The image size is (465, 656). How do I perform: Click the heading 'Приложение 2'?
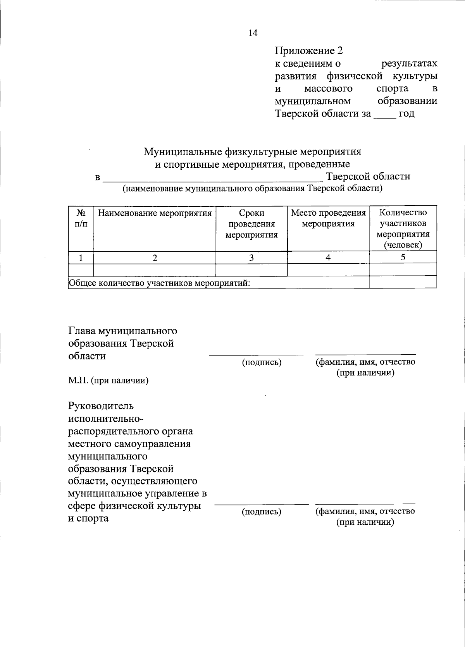tap(309, 51)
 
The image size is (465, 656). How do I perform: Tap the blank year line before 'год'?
tap(385, 115)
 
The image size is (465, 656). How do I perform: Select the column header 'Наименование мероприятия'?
tap(155, 213)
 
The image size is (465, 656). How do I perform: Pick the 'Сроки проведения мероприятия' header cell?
tap(251, 224)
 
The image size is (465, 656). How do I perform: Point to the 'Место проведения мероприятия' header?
tap(328, 218)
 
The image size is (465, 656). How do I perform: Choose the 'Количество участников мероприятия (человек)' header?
tap(403, 228)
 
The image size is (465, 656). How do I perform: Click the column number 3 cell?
tap(251, 258)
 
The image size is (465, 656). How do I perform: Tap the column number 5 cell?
tap(403, 258)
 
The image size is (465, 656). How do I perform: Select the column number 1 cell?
tap(81, 258)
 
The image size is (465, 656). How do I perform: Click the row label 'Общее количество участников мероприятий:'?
tap(159, 283)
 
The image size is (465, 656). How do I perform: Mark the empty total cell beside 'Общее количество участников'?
tap(403, 282)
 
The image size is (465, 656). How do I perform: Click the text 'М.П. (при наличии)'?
tap(108, 381)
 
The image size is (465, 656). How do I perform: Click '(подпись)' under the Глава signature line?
tap(262, 362)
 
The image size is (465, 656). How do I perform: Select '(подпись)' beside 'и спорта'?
tap(262, 512)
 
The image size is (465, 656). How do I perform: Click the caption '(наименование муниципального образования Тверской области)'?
tap(252, 189)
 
